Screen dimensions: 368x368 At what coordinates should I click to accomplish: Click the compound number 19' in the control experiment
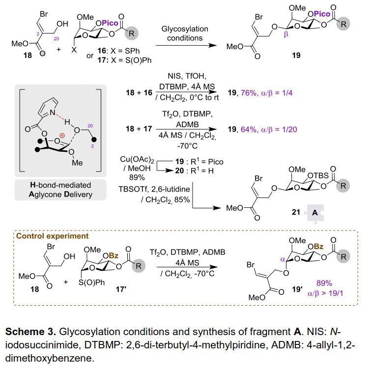click(x=297, y=289)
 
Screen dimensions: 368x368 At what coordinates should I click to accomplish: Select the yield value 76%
click(x=249, y=93)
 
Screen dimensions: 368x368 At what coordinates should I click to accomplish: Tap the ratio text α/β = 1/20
click(x=279, y=129)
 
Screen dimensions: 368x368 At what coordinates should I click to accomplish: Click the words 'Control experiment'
click(x=53, y=236)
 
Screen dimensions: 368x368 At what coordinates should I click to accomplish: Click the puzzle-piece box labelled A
click(x=315, y=213)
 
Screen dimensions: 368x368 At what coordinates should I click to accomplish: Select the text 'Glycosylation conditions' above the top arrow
click(x=185, y=33)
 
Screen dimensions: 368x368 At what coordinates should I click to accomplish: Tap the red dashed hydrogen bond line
click(x=60, y=117)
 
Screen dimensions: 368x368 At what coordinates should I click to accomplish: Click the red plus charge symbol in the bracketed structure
click(x=62, y=136)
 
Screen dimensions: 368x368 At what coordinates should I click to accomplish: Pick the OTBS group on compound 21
click(x=318, y=175)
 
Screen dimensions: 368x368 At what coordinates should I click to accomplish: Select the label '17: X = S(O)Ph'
click(x=125, y=60)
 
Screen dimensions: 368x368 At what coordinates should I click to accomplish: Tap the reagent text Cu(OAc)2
click(x=137, y=159)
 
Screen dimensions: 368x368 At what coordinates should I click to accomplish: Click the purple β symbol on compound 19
click(x=286, y=35)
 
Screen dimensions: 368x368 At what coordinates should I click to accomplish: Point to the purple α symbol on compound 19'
click(x=283, y=259)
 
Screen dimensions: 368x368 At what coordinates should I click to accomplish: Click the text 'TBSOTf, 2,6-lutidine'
click(x=154, y=189)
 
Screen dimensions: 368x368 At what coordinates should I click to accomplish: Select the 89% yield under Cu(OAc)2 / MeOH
click(x=137, y=177)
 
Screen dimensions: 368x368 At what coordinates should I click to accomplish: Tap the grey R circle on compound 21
click(x=343, y=186)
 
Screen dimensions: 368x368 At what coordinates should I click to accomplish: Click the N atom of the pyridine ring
click(x=53, y=112)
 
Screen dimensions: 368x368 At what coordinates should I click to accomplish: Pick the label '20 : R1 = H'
click(x=195, y=170)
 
